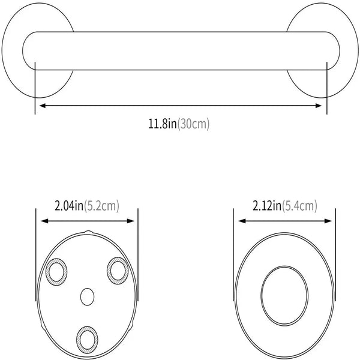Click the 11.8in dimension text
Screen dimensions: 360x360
click(163, 124)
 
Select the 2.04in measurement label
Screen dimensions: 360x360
click(68, 206)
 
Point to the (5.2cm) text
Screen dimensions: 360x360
click(101, 206)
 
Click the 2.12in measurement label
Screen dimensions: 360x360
click(266, 206)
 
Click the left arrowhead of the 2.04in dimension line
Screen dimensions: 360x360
click(44, 221)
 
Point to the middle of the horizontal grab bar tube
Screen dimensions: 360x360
click(180, 50)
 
